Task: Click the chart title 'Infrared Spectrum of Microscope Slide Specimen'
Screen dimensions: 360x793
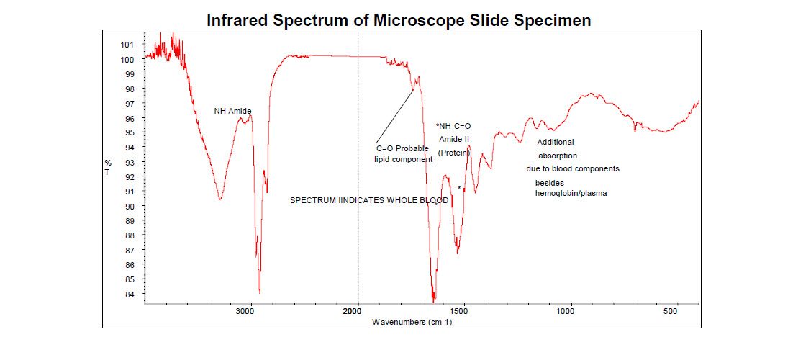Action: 399,20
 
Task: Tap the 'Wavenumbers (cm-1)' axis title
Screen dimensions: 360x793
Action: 412,322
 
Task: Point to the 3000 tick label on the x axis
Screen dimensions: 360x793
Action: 245,312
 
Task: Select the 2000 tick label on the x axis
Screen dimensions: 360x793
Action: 352,312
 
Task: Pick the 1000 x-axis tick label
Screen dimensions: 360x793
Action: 565,312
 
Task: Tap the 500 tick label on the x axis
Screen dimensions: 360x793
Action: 670,312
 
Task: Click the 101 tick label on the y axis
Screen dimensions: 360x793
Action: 127,44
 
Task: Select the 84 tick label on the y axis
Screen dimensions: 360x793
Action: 129,294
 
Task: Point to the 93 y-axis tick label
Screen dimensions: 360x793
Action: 129,162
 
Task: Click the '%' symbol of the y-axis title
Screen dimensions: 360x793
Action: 108,163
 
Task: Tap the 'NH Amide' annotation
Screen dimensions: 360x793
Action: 232,111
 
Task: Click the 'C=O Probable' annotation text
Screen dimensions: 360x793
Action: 402,148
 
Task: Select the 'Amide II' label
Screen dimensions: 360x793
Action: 453,139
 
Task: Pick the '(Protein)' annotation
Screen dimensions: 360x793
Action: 453,153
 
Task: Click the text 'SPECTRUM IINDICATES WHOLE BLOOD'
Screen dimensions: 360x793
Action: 369,200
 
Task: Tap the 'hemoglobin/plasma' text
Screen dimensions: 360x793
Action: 571,193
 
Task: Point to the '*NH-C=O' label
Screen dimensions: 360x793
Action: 453,126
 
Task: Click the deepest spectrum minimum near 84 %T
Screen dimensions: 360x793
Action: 434,297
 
